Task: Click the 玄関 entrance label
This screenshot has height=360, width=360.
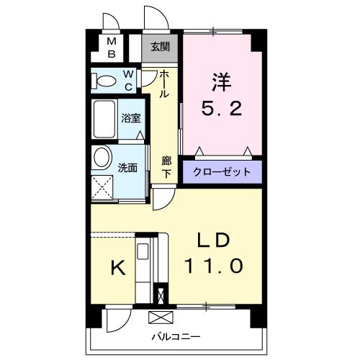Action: coord(159,48)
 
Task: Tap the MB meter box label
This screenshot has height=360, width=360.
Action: coord(112,48)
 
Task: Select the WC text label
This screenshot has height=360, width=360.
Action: coord(127,80)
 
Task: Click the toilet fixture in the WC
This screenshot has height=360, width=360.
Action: coord(106,81)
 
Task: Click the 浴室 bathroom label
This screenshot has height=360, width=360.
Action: coord(130,117)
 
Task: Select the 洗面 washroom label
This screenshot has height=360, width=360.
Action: coord(127,167)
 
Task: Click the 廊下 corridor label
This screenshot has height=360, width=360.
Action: coord(166,166)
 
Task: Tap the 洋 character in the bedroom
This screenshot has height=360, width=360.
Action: coord(220,83)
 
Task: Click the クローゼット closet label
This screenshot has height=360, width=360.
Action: coord(222,171)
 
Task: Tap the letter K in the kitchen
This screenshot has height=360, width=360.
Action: coord(117,268)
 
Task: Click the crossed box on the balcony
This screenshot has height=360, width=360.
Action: coord(160,318)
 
